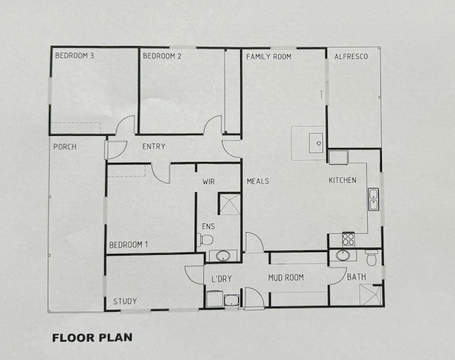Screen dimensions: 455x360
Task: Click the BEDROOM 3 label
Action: pyautogui.click(x=75, y=55)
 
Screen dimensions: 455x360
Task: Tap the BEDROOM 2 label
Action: pyautogui.click(x=162, y=56)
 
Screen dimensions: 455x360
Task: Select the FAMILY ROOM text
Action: pyautogui.click(x=269, y=57)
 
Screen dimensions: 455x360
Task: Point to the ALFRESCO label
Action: pyautogui.click(x=351, y=56)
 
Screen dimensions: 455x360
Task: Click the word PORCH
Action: pyautogui.click(x=65, y=147)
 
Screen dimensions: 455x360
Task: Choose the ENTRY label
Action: pyautogui.click(x=154, y=146)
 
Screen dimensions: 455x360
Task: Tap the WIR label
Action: pyautogui.click(x=208, y=181)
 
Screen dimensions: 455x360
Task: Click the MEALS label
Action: pyautogui.click(x=258, y=181)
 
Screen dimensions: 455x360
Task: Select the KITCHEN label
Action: pyautogui.click(x=343, y=180)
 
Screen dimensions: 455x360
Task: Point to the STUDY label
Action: pyautogui.click(x=125, y=302)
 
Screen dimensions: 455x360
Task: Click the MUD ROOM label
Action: pyautogui.click(x=286, y=278)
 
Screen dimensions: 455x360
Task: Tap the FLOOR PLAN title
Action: pyautogui.click(x=92, y=338)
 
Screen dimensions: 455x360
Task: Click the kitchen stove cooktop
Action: pyautogui.click(x=348, y=240)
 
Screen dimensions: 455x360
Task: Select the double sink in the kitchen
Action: pyautogui.click(x=373, y=199)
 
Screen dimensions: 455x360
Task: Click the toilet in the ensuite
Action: pyautogui.click(x=205, y=240)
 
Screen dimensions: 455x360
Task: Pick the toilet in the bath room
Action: pyautogui.click(x=372, y=258)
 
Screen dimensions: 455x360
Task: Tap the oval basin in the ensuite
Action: pyautogui.click(x=223, y=256)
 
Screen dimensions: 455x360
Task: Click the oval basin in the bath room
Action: pyautogui.click(x=343, y=255)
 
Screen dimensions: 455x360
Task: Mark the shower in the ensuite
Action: pyautogui.click(x=229, y=203)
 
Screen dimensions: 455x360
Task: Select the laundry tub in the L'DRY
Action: pyautogui.click(x=232, y=300)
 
